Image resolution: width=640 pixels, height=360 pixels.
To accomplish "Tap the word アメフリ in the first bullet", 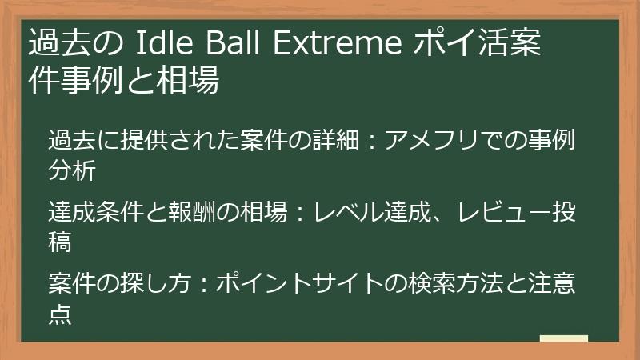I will pos(435,142).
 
